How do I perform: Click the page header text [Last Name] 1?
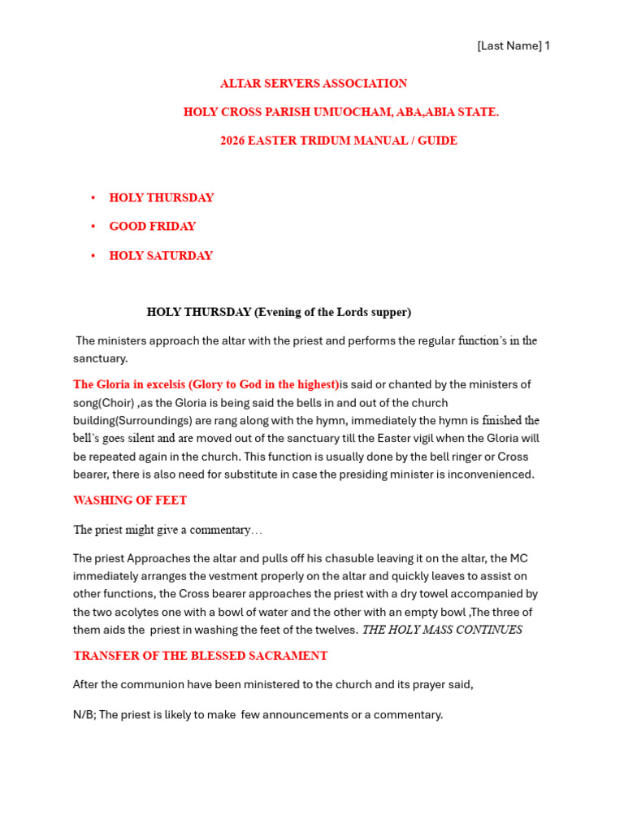coord(513,46)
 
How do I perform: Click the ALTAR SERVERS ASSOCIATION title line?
coord(314,84)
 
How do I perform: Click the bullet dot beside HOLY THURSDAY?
coord(93,198)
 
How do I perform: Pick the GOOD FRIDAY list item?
coord(153,227)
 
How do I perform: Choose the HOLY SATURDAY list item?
coord(161,256)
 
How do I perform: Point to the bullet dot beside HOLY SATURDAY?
coord(93,256)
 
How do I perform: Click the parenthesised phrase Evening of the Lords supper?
coord(333,312)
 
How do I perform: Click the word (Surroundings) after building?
coord(159,421)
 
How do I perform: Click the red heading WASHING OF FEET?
coord(130,500)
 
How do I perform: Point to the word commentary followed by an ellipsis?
coord(219,530)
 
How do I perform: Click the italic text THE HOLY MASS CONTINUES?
coord(441,630)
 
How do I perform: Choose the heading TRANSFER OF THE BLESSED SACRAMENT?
coord(201,656)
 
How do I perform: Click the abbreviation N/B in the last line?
coord(83,715)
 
